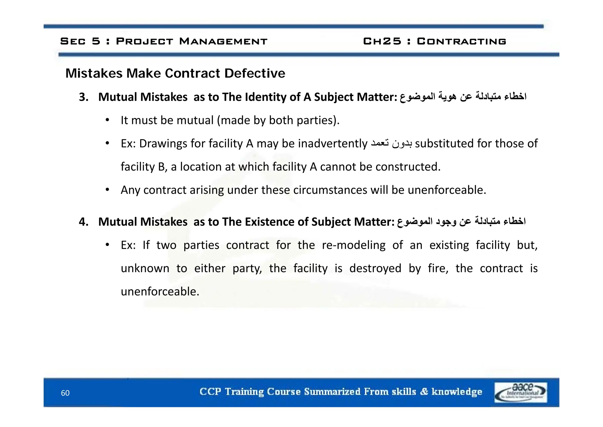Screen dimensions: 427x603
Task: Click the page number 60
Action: (65, 393)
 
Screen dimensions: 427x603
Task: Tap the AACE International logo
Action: (521, 392)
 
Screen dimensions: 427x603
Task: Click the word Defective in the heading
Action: (255, 73)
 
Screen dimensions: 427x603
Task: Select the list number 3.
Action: (84, 97)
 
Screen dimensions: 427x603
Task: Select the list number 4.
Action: (84, 222)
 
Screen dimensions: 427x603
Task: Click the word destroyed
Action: (375, 268)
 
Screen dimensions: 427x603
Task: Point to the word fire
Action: (438, 268)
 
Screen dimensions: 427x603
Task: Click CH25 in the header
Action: (382, 41)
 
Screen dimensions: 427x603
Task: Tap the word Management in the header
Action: (223, 41)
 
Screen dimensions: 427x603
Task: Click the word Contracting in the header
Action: (461, 41)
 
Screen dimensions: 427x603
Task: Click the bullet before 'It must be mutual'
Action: (107, 120)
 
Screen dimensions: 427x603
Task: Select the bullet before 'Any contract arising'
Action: (107, 190)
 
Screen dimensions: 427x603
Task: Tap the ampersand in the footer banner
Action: (424, 392)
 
